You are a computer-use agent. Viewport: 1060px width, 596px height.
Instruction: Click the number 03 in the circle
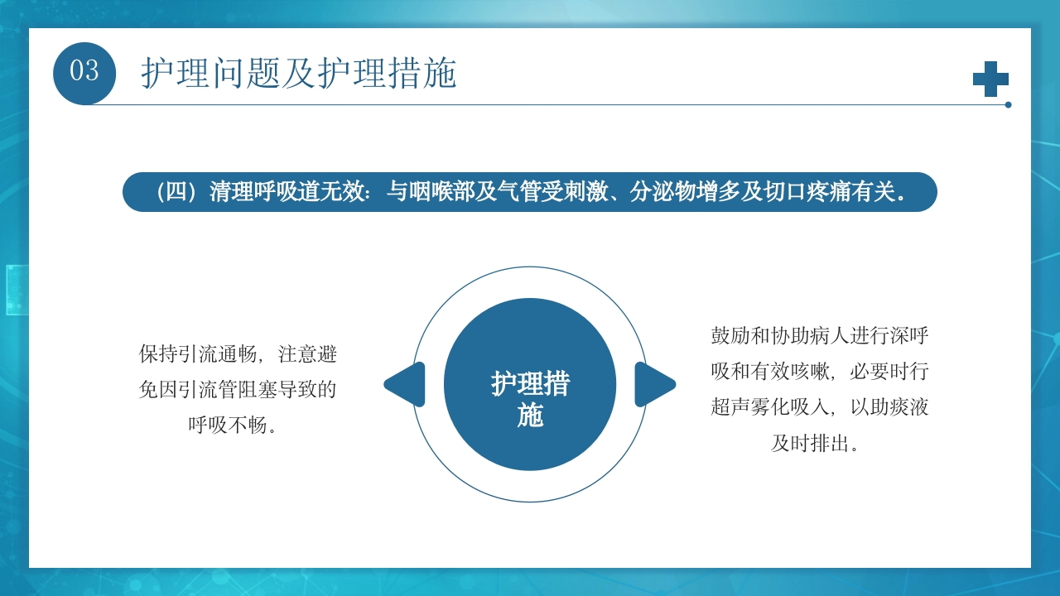click(84, 72)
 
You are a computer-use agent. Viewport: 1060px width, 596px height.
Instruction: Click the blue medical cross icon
click(990, 79)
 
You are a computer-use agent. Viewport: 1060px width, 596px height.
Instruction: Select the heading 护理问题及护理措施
click(298, 74)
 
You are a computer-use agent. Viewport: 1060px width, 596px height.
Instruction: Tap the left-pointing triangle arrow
click(406, 384)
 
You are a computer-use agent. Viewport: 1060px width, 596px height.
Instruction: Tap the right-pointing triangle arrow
click(654, 384)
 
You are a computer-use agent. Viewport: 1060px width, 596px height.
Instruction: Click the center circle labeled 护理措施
click(530, 384)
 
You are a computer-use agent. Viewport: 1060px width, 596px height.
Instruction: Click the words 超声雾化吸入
click(764, 407)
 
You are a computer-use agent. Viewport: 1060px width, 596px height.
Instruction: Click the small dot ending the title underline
click(1008, 105)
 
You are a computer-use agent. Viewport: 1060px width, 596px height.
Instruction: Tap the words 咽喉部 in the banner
click(437, 192)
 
